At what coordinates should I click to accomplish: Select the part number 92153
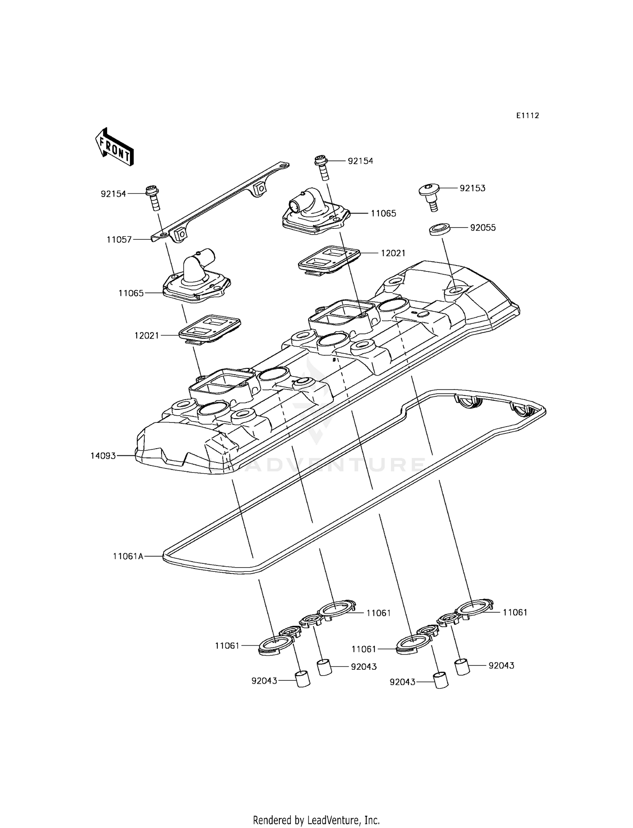(472, 188)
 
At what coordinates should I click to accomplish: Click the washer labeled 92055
(439, 230)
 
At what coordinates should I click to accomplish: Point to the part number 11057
(119, 240)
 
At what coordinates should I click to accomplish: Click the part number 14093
(103, 456)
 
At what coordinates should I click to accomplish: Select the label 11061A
(128, 556)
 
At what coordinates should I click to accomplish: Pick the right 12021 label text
(393, 253)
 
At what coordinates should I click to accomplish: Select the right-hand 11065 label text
(384, 214)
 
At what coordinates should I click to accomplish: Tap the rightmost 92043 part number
(501, 666)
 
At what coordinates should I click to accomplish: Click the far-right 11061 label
(515, 612)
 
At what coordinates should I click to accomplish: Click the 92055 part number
(483, 228)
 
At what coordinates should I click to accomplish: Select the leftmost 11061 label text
(227, 646)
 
